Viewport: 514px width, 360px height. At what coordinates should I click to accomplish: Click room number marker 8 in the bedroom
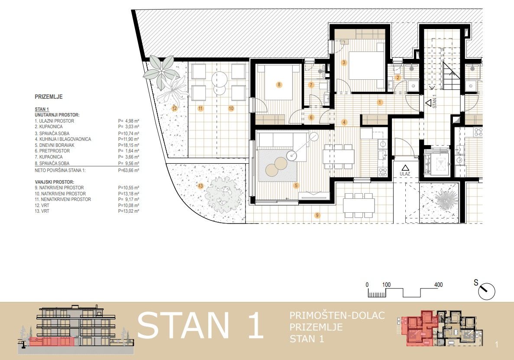point(279,84)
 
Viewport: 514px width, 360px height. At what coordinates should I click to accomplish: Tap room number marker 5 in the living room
point(296,185)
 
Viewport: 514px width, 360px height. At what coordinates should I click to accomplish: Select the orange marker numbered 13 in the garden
point(200,186)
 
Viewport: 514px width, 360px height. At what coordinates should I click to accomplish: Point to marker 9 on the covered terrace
point(317,215)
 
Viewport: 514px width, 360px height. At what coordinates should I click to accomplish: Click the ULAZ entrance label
point(405,174)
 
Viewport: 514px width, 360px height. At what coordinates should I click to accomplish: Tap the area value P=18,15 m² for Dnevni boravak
point(129,145)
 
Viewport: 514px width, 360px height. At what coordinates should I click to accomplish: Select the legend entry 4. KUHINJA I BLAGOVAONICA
point(63,139)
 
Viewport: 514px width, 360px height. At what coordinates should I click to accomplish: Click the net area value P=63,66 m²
point(129,171)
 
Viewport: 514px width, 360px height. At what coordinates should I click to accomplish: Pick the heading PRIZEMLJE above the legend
point(48,97)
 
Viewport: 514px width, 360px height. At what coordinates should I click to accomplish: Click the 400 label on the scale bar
point(438,285)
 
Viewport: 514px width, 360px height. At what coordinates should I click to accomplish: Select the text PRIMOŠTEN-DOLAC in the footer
point(337,315)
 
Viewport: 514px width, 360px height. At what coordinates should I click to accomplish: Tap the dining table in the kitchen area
point(339,156)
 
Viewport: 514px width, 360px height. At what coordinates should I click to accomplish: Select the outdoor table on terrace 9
point(359,205)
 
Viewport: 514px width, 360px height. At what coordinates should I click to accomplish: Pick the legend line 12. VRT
point(42,205)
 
